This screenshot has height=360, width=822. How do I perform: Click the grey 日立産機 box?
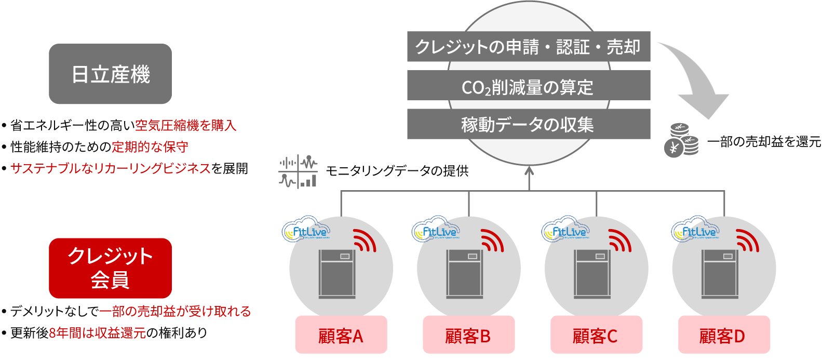click(x=110, y=74)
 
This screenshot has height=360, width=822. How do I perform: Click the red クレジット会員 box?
click(x=110, y=268)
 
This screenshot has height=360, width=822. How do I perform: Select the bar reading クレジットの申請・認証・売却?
click(x=528, y=47)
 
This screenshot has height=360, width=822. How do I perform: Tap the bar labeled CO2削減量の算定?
click(x=528, y=86)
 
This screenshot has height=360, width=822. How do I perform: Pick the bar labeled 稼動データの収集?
click(x=528, y=124)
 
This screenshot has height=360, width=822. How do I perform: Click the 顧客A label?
click(x=341, y=336)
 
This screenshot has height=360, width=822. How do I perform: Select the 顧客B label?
click(x=468, y=336)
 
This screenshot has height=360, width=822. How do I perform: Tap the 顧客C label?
click(x=596, y=336)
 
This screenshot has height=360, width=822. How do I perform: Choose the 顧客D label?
click(x=723, y=336)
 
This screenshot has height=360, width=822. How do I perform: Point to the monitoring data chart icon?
click(x=298, y=171)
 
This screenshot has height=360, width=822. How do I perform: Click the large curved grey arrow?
click(x=696, y=78)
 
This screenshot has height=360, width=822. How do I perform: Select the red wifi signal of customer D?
click(x=747, y=240)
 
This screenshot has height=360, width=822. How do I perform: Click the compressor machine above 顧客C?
click(x=592, y=274)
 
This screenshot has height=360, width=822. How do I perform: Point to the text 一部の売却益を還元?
click(x=764, y=141)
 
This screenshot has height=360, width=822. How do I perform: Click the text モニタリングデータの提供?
click(x=397, y=171)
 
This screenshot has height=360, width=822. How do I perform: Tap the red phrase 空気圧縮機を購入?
click(x=185, y=125)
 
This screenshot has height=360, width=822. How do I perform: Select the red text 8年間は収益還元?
click(x=97, y=333)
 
